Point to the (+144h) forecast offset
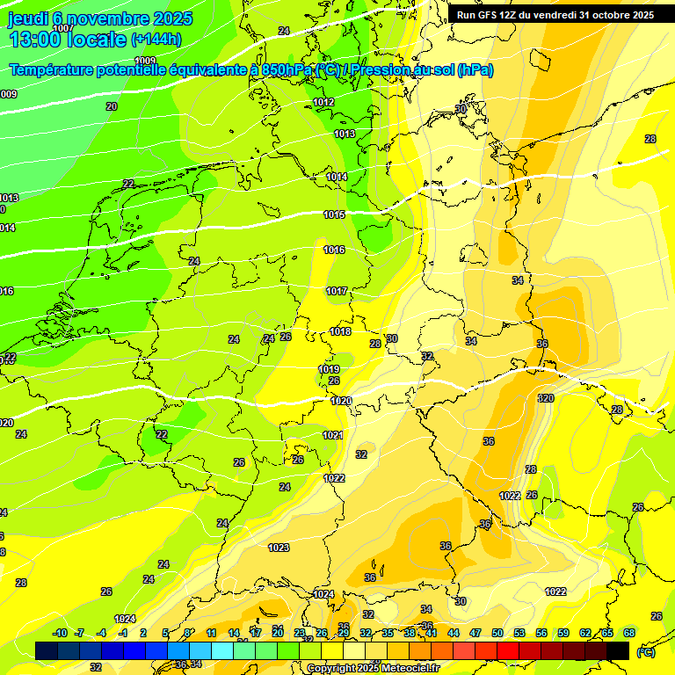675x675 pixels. pos(156,40)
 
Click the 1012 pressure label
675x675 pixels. pos(323,103)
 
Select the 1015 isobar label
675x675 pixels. pos(334,214)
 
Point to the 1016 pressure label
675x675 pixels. pos(334,250)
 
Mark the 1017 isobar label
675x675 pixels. pos(337,291)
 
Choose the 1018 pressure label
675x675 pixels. pos(340,331)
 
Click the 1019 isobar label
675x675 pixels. pos(329,369)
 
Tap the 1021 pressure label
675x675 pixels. pos(332,435)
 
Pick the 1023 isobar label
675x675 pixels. pos(279,548)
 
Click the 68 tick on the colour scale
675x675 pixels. pos(629,633)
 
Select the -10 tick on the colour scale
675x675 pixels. pos(60,633)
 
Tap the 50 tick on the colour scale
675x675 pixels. pos(497,633)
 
